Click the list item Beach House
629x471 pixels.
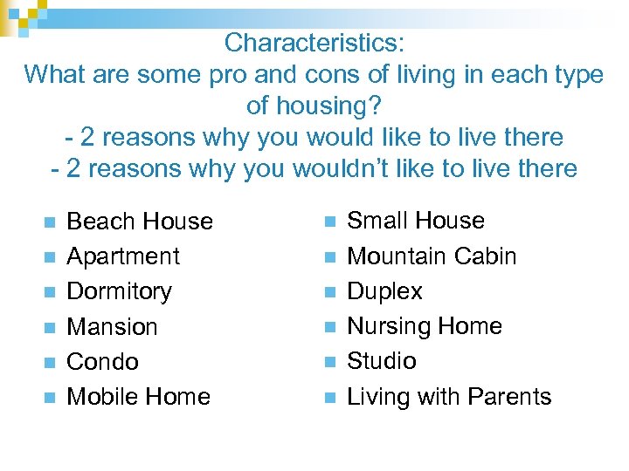click(x=140, y=222)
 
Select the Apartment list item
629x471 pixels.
click(x=123, y=256)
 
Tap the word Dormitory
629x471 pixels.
click(x=120, y=291)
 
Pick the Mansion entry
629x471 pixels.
click(x=112, y=327)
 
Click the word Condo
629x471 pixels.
click(x=102, y=362)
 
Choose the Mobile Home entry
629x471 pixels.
click(x=138, y=397)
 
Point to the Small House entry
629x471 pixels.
click(x=416, y=221)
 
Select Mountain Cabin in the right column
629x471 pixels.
click(x=432, y=256)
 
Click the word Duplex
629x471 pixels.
click(x=384, y=291)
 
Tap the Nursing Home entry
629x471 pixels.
click(x=425, y=326)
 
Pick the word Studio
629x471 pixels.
click(x=382, y=361)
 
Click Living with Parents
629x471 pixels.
click(x=449, y=397)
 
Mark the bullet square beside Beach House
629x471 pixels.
click(x=49, y=222)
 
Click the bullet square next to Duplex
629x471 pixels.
click(x=329, y=292)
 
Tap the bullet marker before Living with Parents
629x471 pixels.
click(x=329, y=398)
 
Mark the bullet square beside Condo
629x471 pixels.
click(x=49, y=363)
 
